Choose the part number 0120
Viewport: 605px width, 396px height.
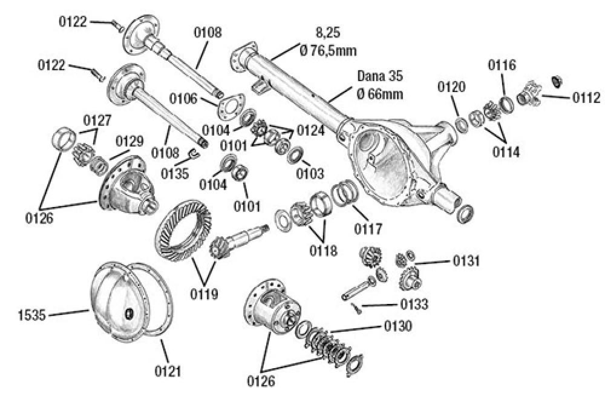point(453,87)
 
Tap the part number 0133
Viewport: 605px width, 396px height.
point(413,304)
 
